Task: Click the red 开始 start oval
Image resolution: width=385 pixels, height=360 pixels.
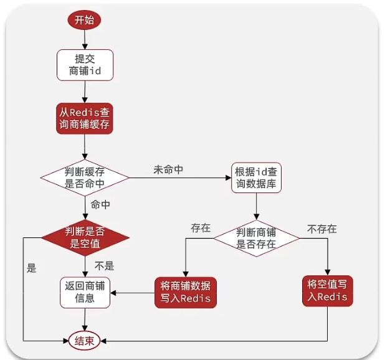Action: coord(84,19)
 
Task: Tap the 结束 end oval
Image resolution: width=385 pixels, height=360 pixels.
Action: coord(84,341)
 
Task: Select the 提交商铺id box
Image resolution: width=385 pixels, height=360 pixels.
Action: coord(85,65)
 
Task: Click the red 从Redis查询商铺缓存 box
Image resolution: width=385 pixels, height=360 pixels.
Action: coord(85,117)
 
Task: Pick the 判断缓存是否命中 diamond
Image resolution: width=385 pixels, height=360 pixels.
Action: coord(85,178)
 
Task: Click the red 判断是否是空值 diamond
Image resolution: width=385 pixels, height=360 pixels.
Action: coord(85,237)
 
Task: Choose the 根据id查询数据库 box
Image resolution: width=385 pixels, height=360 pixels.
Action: coord(256,178)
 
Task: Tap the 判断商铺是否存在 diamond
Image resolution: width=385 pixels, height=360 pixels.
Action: coord(256,237)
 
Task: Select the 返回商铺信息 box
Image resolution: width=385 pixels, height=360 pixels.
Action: coord(85,291)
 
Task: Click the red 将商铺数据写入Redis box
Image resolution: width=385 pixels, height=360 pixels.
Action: coord(186,291)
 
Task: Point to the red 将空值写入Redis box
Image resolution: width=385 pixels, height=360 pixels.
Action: coord(328,290)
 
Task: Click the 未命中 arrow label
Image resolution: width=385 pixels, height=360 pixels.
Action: coord(168,169)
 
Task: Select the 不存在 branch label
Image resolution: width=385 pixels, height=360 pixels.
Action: coord(321,229)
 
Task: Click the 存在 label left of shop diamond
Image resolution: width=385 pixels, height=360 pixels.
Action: coord(200,228)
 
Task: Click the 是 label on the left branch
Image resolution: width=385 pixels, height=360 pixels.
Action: coord(32,269)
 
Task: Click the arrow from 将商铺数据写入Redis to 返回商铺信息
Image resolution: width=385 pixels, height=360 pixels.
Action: coord(133,291)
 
